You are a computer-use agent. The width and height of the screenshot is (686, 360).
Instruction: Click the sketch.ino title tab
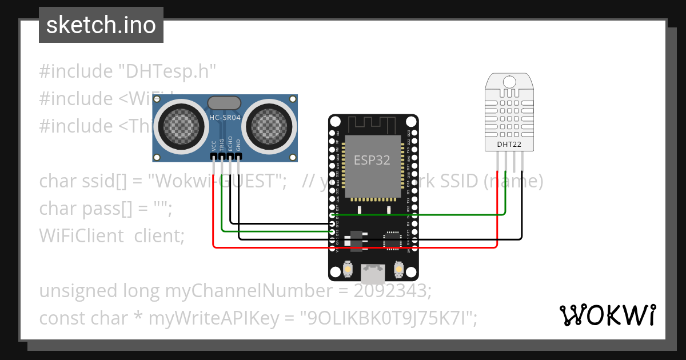tap(101, 25)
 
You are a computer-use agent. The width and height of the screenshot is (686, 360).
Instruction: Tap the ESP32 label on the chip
tap(372, 160)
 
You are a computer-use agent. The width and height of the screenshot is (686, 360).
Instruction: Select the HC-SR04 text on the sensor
tap(224, 118)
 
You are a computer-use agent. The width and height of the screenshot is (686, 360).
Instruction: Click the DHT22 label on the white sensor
tap(508, 145)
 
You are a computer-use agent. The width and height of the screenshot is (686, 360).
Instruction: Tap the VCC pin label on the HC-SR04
tap(214, 145)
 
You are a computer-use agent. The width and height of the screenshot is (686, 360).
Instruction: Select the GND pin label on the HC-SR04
tap(239, 145)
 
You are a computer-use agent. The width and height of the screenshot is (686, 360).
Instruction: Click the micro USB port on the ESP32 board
tap(373, 274)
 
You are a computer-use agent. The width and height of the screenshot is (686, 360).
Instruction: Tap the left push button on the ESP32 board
tap(347, 268)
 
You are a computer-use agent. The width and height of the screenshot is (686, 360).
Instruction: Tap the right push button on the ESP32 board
tap(399, 268)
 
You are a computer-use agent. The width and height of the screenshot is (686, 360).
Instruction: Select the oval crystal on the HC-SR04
tap(224, 103)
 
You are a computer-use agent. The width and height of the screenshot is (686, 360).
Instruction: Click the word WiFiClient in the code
tap(81, 235)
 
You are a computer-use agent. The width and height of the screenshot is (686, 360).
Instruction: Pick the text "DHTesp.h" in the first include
tap(167, 71)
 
